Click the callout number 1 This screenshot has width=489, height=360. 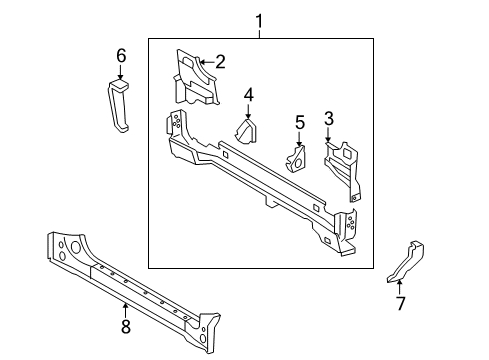[260, 20]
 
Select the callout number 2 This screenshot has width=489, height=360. [220, 61]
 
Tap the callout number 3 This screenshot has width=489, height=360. [328, 119]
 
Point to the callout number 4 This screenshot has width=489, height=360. [249, 95]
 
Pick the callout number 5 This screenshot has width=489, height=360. [299, 122]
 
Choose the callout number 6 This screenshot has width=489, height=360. [121, 55]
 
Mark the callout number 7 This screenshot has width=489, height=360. [401, 303]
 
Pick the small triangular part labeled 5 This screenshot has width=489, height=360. [297, 160]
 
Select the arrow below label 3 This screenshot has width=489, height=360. [328, 138]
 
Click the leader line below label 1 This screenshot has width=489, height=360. [260, 33]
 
